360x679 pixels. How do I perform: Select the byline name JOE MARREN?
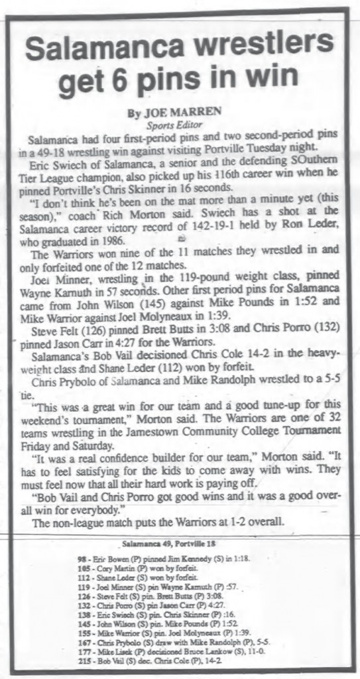[x=167, y=112]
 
